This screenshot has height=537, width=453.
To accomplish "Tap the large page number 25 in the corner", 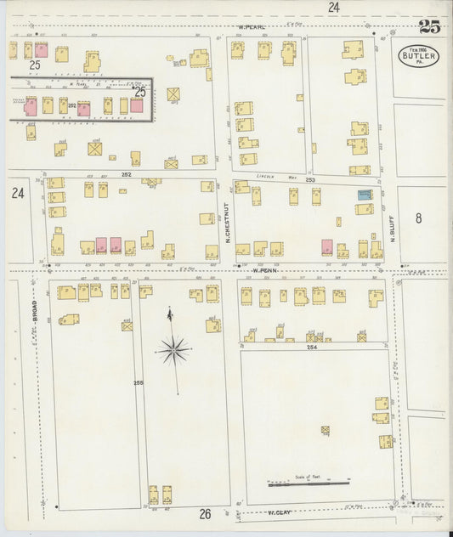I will pyautogui.click(x=429, y=27).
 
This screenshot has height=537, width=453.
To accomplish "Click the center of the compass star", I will pyautogui.click(x=173, y=348).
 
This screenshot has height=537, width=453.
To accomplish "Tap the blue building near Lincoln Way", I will pyautogui.click(x=365, y=195).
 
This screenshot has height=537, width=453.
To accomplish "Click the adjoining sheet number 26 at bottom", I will pyautogui.click(x=205, y=514).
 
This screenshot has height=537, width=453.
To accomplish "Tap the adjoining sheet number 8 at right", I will pyautogui.click(x=418, y=218).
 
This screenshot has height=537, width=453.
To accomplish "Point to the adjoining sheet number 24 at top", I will pyautogui.click(x=334, y=7).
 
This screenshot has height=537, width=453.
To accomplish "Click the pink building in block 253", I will pyautogui.click(x=326, y=247).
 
